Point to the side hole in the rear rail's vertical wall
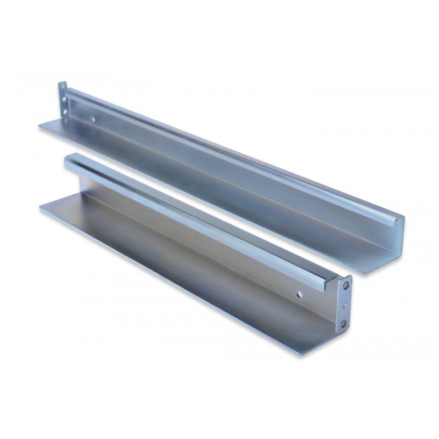click(x=94, y=117)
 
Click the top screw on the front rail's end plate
click(x=346, y=285)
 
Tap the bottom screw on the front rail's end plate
click(x=344, y=322)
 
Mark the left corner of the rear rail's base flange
click(x=38, y=127)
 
